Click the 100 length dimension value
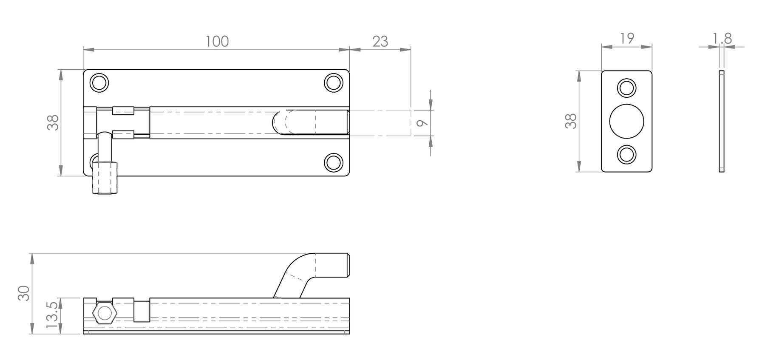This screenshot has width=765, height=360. click(217, 41)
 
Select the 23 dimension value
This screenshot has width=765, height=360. click(380, 41)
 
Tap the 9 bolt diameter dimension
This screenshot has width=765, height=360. click(421, 123)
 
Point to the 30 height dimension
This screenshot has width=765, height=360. click(24, 293)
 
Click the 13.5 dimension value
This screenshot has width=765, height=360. click(52, 315)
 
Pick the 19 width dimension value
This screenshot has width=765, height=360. click(627, 38)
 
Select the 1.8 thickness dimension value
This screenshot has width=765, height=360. click(722, 39)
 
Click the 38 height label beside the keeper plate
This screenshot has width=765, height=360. click(571, 121)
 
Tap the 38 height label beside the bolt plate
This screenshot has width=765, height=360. click(53, 123)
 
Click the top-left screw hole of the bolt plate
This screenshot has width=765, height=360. click(99, 82)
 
